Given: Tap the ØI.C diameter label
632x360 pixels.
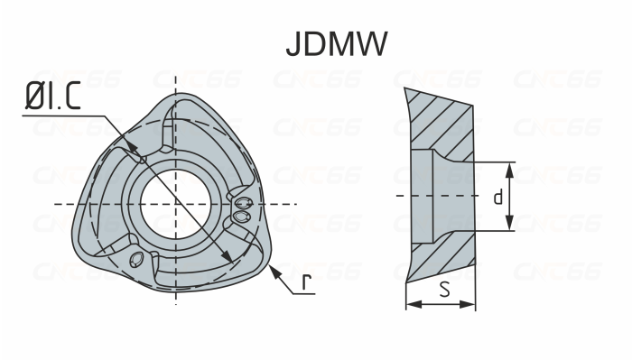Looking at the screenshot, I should coord(51,97).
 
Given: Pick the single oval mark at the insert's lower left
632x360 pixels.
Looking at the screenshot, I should coord(136,260).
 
